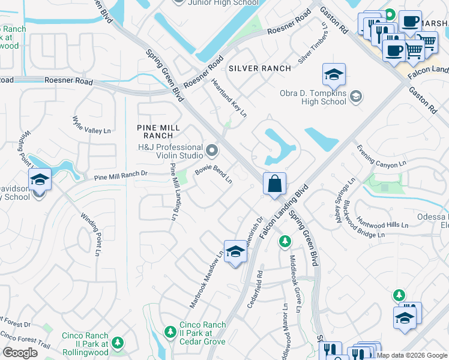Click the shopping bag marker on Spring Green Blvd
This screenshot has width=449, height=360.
click(274, 184)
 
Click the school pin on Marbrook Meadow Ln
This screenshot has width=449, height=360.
click(236, 253)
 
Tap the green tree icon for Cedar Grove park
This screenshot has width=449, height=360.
click(172, 332)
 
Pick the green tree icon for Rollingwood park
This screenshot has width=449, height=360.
click(118, 343)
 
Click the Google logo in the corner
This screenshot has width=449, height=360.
click(20, 353)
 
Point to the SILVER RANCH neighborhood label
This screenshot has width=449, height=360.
click(260, 68)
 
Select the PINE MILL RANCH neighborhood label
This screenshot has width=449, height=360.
click(154, 131)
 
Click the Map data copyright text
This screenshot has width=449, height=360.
click(411, 355)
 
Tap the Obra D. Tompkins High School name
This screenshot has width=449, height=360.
click(313, 97)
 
